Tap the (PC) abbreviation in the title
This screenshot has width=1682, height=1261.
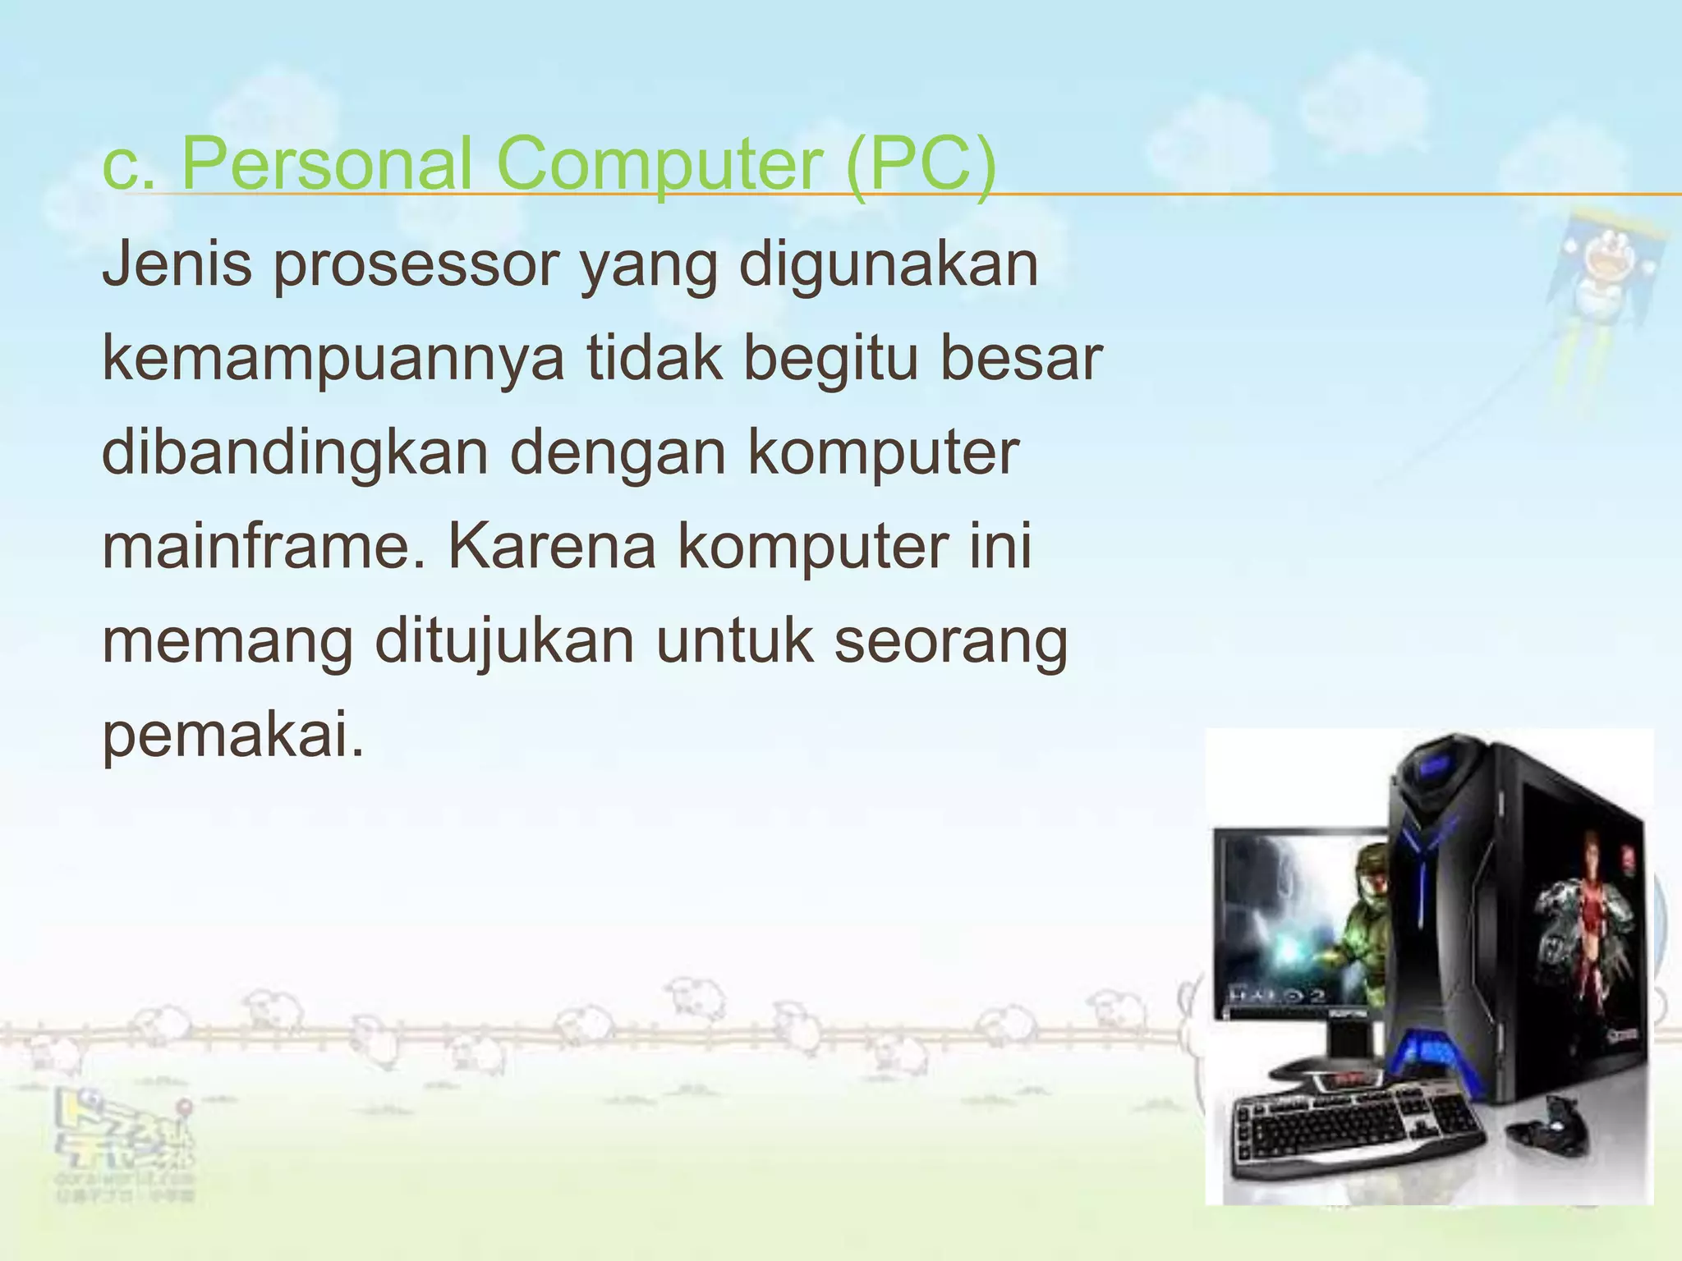pyautogui.click(x=920, y=164)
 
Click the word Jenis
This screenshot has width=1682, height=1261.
pyautogui.click(x=177, y=264)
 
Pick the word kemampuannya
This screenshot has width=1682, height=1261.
pyautogui.click(x=333, y=360)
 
